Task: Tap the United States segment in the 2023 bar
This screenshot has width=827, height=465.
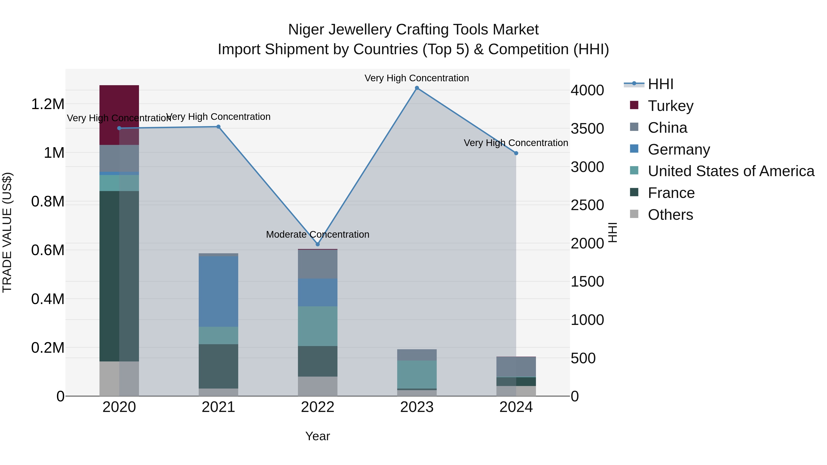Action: point(417,374)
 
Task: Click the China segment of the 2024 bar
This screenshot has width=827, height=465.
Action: point(516,366)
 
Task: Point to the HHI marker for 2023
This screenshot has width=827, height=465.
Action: point(417,88)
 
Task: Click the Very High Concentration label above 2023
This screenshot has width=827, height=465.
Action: point(417,78)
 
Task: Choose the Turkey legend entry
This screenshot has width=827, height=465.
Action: point(670,106)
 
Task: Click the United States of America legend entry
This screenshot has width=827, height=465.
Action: point(731,171)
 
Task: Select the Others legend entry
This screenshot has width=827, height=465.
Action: point(670,215)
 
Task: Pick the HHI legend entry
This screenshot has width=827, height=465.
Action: point(660,84)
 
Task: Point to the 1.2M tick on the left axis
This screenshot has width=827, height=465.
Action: point(48,104)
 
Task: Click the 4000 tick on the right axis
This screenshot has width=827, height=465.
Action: point(587,90)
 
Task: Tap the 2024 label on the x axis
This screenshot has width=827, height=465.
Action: point(516,407)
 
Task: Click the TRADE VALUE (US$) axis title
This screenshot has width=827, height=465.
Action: point(7,232)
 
